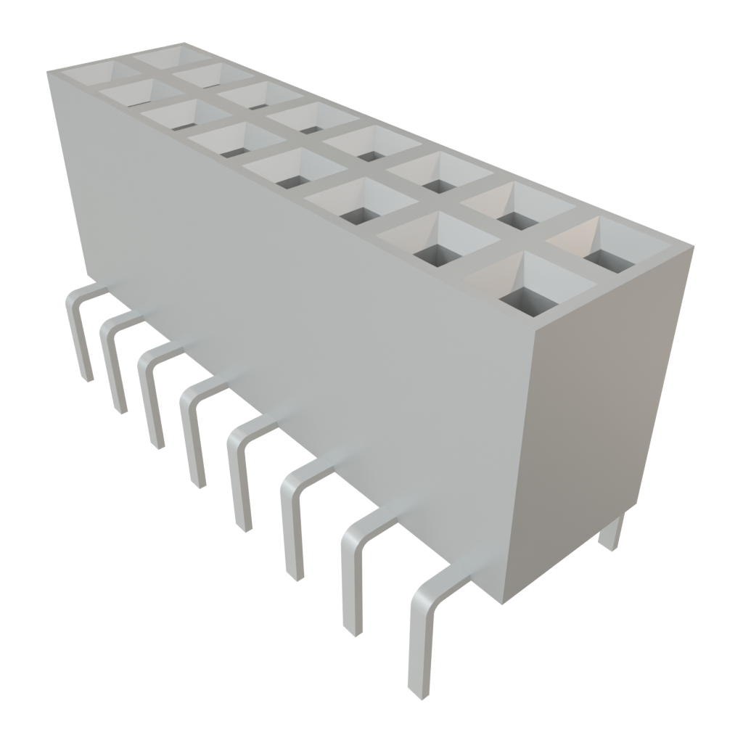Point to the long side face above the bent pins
coord(290,305)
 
